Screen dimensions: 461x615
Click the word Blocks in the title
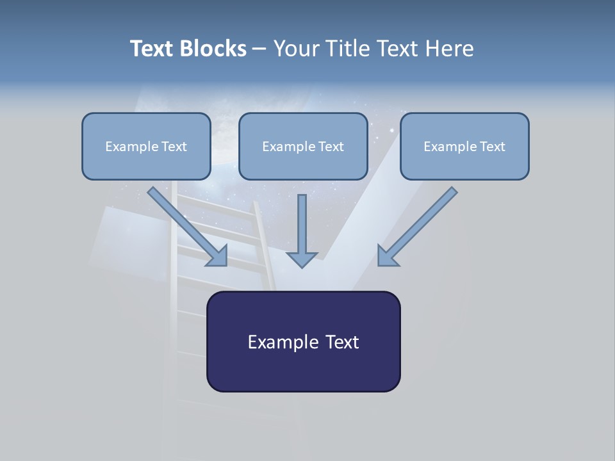[x=215, y=49]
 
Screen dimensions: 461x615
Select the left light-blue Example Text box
[x=146, y=147]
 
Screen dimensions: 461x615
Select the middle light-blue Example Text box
[x=303, y=147]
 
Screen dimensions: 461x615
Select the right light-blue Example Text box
[x=464, y=147]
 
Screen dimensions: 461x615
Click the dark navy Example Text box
[x=303, y=342]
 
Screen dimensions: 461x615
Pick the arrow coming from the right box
[x=420, y=224]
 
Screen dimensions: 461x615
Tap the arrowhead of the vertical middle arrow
[x=302, y=259]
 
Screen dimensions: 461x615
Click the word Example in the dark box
[x=274, y=342]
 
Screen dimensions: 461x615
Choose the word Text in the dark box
[x=341, y=342]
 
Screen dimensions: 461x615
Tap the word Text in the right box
[x=493, y=147]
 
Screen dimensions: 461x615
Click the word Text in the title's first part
[x=153, y=49]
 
